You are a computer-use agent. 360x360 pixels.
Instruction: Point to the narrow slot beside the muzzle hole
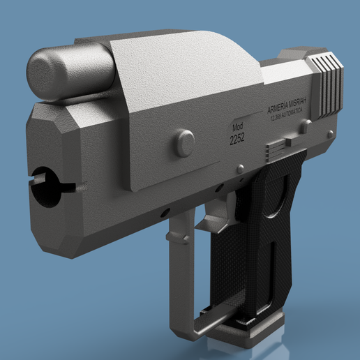(69, 187)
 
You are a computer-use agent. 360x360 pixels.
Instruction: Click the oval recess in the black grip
(278, 198)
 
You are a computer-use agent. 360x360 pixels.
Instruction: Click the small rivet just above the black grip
(241, 168)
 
